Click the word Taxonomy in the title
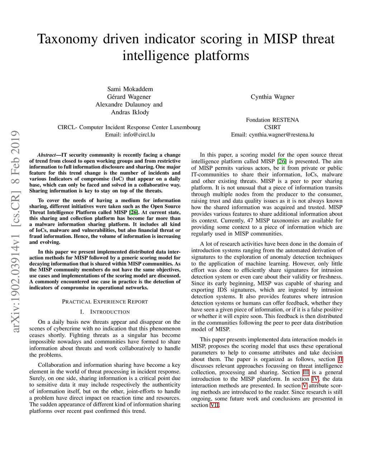(67, 39)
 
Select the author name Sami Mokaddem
(130, 89)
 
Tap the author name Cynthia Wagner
(272, 97)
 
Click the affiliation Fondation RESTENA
(272, 120)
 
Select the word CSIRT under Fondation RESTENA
(272, 127)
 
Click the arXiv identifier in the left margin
(15, 231)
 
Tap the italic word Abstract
(47, 155)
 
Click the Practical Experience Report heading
(105, 301)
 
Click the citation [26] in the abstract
(133, 212)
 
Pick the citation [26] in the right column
(282, 161)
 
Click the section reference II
(340, 359)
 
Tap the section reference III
(306, 372)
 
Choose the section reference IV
(315, 379)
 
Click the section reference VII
(214, 405)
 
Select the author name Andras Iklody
(130, 112)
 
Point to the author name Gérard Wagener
(129, 97)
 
